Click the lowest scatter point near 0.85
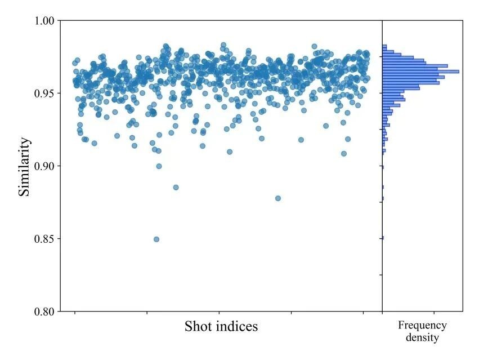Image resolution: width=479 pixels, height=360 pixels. [x=156, y=239]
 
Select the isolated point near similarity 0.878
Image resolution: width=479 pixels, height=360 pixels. [x=277, y=198]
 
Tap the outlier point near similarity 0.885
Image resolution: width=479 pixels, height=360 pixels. [x=176, y=187]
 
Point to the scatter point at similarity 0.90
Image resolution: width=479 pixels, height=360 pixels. [x=159, y=166]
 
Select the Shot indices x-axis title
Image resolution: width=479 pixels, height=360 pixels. [x=221, y=326]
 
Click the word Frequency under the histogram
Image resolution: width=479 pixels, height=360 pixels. [x=422, y=326]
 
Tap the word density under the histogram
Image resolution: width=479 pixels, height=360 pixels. [x=422, y=338]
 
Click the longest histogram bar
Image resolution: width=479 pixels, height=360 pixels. [x=420, y=72]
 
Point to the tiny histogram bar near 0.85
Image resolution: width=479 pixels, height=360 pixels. [x=383, y=238]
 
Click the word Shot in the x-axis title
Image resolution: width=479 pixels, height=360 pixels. [x=197, y=326]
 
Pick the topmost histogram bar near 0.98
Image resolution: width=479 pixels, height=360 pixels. [x=384, y=46]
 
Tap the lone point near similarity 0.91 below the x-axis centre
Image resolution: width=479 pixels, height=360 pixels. [x=229, y=152]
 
